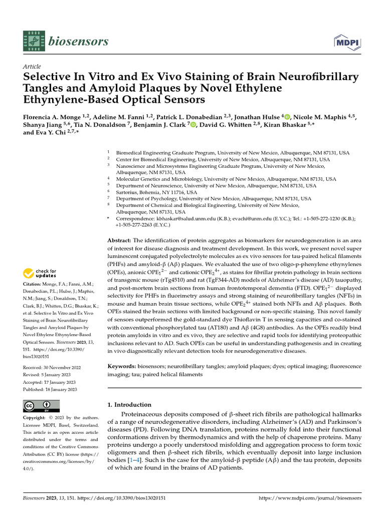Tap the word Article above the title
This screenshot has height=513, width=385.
(32, 67)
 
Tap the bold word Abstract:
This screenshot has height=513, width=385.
(120, 239)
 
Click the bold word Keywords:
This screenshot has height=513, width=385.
(122, 367)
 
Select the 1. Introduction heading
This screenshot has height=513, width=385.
(129, 404)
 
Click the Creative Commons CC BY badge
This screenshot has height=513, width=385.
(41, 406)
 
